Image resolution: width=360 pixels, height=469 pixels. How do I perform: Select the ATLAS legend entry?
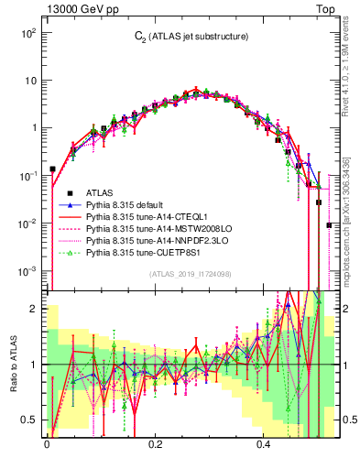tap(100, 193)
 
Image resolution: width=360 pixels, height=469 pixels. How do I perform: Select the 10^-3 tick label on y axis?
tap(27, 271)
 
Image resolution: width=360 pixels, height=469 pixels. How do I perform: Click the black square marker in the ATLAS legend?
tap(70, 193)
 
